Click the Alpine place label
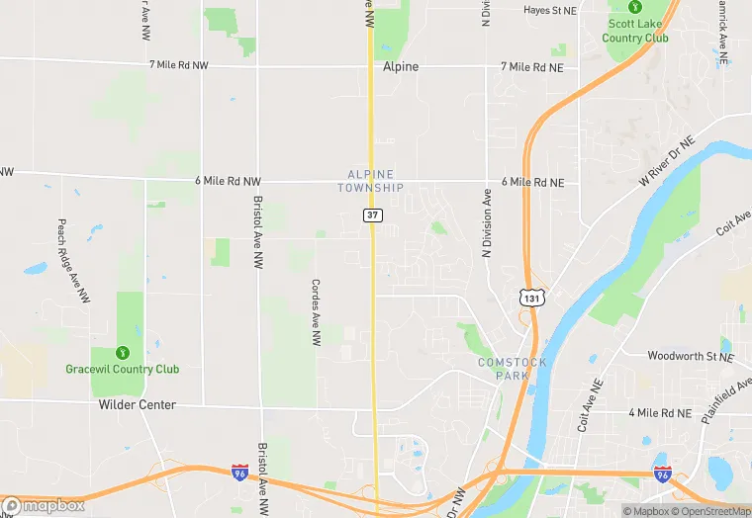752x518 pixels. pyautogui.click(x=401, y=67)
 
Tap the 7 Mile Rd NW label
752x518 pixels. pyautogui.click(x=179, y=65)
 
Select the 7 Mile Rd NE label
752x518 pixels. pyautogui.click(x=532, y=67)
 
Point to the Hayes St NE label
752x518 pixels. pyautogui.click(x=549, y=10)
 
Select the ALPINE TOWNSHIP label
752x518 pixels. pyautogui.click(x=370, y=180)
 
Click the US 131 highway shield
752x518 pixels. pyautogui.click(x=532, y=297)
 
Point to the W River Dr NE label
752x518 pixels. pyautogui.click(x=667, y=163)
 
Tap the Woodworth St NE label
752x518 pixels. pyautogui.click(x=691, y=356)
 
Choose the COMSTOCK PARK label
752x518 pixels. pyautogui.click(x=512, y=369)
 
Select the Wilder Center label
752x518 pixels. pyautogui.click(x=138, y=405)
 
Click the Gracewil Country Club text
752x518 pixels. pyautogui.click(x=123, y=370)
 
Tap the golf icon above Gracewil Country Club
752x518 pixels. pyautogui.click(x=123, y=351)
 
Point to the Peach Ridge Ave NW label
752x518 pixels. pyautogui.click(x=74, y=261)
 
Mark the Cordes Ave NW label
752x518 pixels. pyautogui.click(x=316, y=311)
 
